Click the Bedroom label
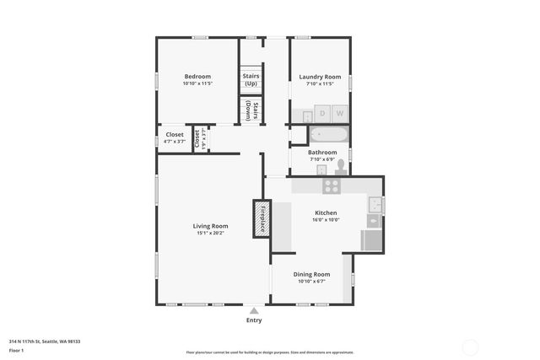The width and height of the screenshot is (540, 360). [x=197, y=77]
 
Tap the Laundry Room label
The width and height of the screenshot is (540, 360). [x=320, y=77]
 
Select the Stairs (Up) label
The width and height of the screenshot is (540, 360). [x=251, y=80]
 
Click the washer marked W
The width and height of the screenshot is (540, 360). [x=340, y=113]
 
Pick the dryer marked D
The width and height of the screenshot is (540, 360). [x=321, y=113]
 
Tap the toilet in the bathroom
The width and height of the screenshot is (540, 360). [x=341, y=166]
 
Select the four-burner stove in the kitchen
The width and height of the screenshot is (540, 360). [x=332, y=186]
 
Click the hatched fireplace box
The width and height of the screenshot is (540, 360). [x=262, y=218]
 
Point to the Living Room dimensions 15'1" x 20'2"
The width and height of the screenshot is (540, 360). [x=210, y=234]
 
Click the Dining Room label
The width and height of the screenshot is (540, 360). [x=311, y=274]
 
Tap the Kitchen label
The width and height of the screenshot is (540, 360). [x=326, y=212]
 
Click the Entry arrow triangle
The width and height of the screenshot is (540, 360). [x=254, y=310]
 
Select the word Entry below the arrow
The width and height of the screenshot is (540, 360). [x=254, y=320]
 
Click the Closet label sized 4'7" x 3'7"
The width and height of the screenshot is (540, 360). [x=175, y=135]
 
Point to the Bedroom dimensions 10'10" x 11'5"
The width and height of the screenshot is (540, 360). [x=197, y=84]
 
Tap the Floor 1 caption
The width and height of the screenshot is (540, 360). [x=17, y=350]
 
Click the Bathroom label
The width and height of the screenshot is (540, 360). [x=322, y=153]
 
